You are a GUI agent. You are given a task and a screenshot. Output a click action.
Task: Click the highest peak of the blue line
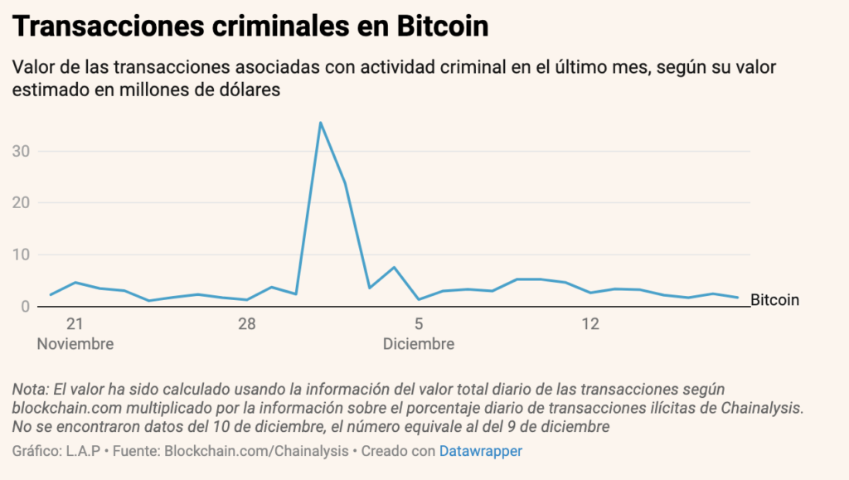click(320, 123)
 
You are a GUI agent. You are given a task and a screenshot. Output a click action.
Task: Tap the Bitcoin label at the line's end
click(774, 300)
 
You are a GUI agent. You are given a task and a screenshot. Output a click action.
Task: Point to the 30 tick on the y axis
click(22, 151)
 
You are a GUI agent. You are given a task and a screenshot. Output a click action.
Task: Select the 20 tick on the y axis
click(22, 202)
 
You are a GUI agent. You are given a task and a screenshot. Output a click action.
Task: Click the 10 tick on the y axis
click(22, 255)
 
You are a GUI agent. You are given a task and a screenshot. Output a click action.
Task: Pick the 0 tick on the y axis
click(26, 306)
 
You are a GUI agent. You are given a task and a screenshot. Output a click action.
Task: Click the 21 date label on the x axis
click(75, 324)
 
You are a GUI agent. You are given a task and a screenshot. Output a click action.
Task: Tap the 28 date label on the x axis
click(246, 324)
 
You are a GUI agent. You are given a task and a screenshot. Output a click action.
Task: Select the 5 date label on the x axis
click(419, 324)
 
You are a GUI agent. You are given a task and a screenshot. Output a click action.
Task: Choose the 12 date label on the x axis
click(590, 324)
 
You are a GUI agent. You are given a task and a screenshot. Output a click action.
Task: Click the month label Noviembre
click(75, 343)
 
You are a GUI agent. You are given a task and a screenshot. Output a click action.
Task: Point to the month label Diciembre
click(419, 343)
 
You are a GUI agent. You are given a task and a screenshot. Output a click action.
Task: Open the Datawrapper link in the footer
click(481, 451)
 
